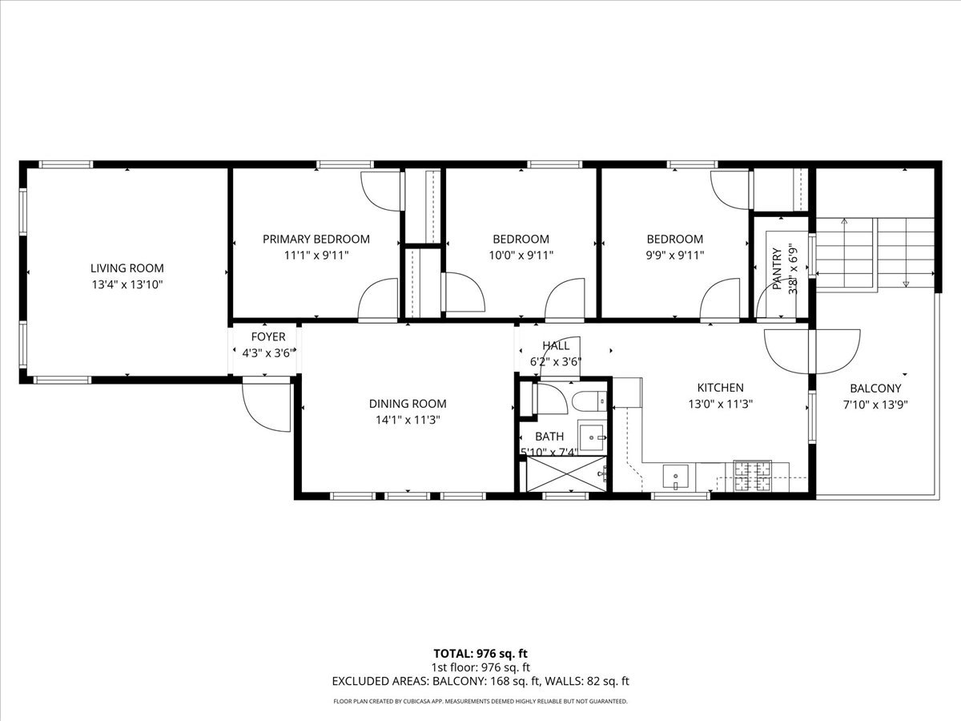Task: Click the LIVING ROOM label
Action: click(127, 268)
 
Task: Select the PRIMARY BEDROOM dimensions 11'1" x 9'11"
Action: click(316, 256)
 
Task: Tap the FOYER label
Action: click(267, 337)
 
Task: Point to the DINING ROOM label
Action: click(408, 404)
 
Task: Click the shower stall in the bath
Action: click(565, 474)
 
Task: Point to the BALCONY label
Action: click(875, 389)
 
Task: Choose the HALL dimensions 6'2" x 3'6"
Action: click(556, 361)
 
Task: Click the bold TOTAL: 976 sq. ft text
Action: click(480, 654)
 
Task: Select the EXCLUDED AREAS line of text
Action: click(480, 682)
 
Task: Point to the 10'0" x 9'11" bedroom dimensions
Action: click(521, 256)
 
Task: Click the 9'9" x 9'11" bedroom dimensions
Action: click(675, 256)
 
